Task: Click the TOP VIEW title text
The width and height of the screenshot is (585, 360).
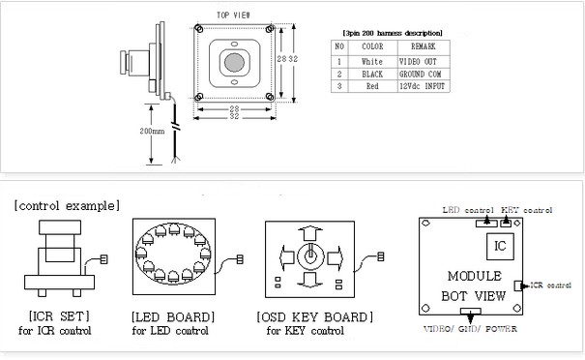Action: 234,15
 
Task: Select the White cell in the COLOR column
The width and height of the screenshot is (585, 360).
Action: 372,62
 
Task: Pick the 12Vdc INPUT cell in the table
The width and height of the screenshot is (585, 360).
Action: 423,86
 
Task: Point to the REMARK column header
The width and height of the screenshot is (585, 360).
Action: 424,46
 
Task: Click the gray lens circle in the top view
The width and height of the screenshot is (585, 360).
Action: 234,62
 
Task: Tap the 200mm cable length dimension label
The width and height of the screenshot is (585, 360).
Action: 152,131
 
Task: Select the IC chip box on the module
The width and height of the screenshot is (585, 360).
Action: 500,247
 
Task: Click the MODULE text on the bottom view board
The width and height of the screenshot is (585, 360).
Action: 475,276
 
